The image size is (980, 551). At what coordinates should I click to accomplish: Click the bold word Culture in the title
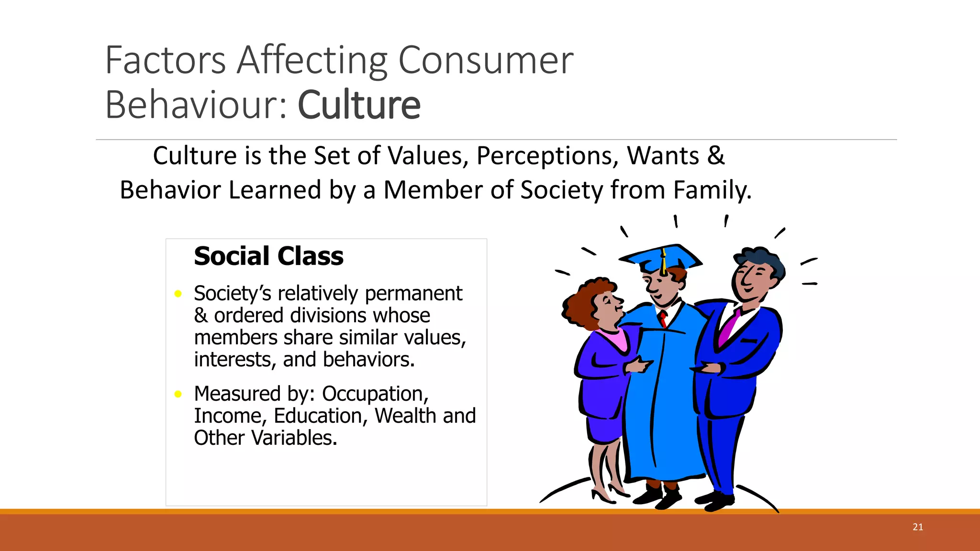coord(359,105)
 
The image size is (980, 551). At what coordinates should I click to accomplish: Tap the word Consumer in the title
coord(485,60)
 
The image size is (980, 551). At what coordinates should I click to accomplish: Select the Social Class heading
coord(268,256)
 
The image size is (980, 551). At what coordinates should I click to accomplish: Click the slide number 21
coord(917,527)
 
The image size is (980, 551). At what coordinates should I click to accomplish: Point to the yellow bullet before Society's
coord(178,294)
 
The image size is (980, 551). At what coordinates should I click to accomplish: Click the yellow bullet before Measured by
coord(178,394)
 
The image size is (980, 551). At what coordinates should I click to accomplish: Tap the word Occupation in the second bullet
coord(375,394)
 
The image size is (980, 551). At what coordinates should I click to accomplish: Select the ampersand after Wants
coord(715,155)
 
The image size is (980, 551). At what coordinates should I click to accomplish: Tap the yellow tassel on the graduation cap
coord(664,263)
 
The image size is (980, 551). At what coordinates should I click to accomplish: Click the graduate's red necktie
coord(663,318)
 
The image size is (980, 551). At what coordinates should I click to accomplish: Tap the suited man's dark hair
coord(761,258)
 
